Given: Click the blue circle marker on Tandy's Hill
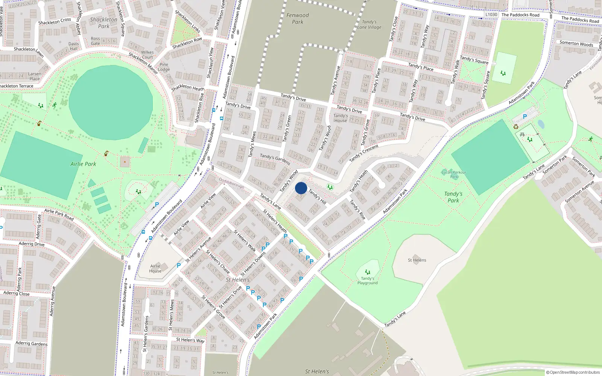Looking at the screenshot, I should (x=301, y=188).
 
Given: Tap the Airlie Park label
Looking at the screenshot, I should (x=83, y=164).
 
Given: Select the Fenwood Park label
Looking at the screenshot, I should (x=298, y=18).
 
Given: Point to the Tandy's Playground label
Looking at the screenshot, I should (x=368, y=280).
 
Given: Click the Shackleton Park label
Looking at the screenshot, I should (x=103, y=23).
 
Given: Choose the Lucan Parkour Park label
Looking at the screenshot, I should (x=454, y=174).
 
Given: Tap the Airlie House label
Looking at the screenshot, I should (x=155, y=268).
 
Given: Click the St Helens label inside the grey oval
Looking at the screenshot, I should (x=417, y=260).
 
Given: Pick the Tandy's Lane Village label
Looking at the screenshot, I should (x=369, y=24).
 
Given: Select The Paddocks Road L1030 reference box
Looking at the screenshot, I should (x=491, y=15).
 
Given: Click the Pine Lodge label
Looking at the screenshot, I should (x=164, y=67).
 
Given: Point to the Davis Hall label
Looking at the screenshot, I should (x=74, y=46).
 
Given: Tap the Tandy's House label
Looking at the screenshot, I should (x=341, y=118).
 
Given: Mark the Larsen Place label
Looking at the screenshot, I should (x=35, y=76).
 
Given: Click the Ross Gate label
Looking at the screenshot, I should (x=96, y=41).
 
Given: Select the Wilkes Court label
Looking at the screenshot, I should (x=147, y=55).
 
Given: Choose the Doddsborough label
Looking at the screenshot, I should (x=231, y=183).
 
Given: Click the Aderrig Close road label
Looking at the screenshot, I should (x=17, y=293).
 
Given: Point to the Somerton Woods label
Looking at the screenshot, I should (x=576, y=43).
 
